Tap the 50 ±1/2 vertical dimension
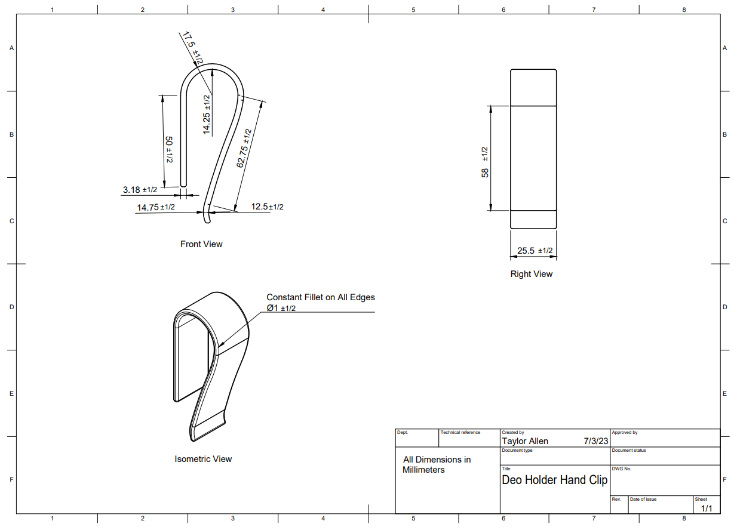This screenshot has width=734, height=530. (169, 150)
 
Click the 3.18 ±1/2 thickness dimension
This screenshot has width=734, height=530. (140, 190)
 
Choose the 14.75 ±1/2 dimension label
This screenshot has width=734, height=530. (155, 208)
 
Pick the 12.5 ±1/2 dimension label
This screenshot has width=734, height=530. (267, 207)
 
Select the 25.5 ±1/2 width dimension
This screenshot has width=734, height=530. (535, 251)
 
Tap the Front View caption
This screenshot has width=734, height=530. (201, 244)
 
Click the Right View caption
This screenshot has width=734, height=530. (531, 274)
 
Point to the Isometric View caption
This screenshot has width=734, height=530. (203, 459)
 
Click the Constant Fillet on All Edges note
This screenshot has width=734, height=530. (320, 297)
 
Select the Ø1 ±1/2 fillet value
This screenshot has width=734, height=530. (281, 308)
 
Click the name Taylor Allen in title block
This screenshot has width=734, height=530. (525, 441)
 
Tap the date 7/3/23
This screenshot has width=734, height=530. (595, 441)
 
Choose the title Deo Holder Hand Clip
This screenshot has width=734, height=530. (554, 480)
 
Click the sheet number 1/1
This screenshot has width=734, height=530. (706, 509)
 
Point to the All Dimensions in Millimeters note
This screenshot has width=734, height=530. (437, 464)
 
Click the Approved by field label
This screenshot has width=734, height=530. (624, 432)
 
